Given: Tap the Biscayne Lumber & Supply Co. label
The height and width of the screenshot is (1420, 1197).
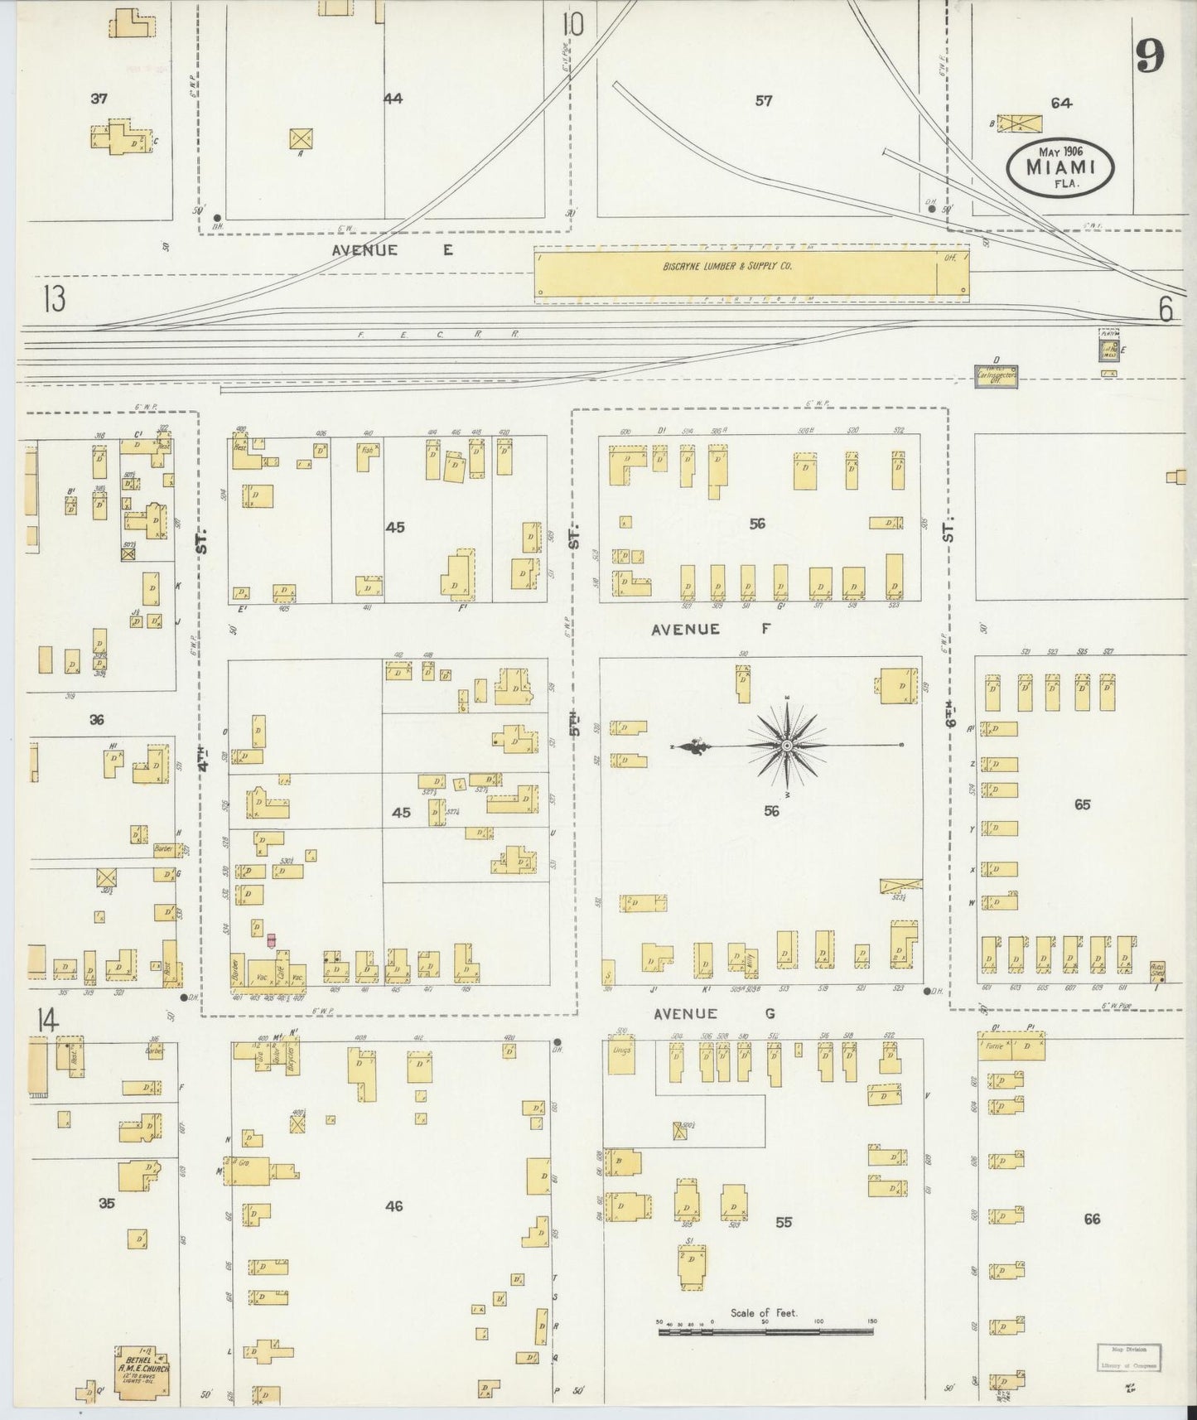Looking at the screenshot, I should tap(727, 267).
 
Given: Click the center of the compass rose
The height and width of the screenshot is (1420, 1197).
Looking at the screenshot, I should tap(786, 746).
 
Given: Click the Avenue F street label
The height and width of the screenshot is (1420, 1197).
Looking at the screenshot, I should tap(711, 630).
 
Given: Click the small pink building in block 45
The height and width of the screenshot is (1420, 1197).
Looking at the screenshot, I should tap(270, 940).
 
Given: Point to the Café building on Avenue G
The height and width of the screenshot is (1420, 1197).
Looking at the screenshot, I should tap(281, 974).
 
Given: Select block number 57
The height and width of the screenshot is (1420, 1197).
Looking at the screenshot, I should tap(763, 101).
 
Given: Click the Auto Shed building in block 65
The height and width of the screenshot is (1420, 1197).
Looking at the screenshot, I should tap(1157, 970).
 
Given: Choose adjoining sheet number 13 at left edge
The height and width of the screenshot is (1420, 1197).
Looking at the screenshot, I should tap(55, 299).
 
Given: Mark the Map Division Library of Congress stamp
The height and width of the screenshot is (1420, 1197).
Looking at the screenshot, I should tap(1128, 1358).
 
